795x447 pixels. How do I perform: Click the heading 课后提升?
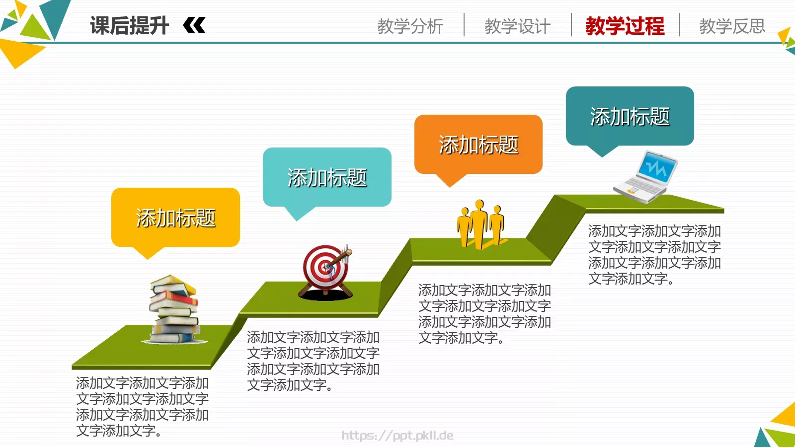[129, 26]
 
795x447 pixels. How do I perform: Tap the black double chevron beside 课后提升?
[194, 25]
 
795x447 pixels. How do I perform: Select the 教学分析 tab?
[410, 26]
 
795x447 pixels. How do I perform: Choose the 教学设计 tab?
[517, 26]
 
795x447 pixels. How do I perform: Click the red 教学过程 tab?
[625, 26]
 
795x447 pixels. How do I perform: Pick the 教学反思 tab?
[732, 26]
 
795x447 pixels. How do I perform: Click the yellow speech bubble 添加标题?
[175, 218]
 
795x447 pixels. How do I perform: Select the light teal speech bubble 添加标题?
[327, 177]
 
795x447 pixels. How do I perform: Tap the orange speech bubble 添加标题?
[478, 145]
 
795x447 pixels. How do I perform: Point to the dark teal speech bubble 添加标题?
[630, 116]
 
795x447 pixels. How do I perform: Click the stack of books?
[175, 309]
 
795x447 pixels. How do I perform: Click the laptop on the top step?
[644, 177]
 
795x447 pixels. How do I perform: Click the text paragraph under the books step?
[142, 407]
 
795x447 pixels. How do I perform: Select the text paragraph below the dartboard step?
[313, 361]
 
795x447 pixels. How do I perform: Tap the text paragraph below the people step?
[484, 314]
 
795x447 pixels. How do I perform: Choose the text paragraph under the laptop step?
[654, 255]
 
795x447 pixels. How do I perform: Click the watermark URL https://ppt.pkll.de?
[397, 436]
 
